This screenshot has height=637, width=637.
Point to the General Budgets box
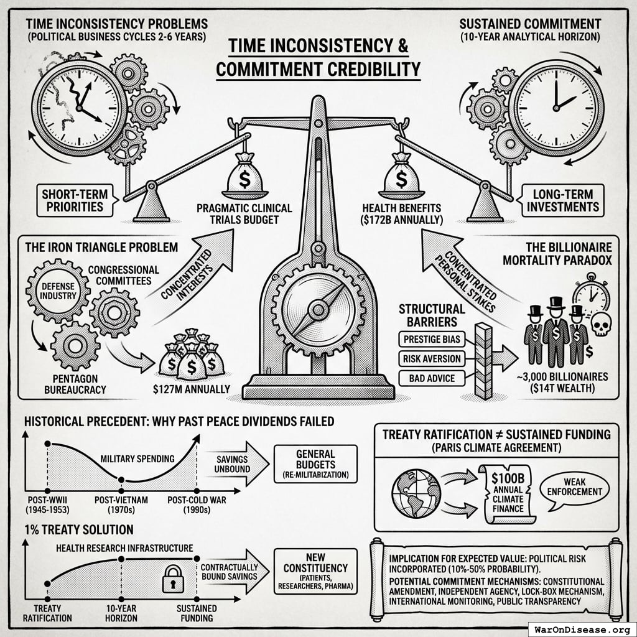pyautogui.click(x=315, y=464)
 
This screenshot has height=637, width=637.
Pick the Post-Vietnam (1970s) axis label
pyautogui.click(x=121, y=503)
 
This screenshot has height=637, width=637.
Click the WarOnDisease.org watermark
pyautogui.click(x=582, y=628)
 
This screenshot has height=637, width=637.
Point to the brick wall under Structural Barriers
pyautogui.click(x=483, y=361)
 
